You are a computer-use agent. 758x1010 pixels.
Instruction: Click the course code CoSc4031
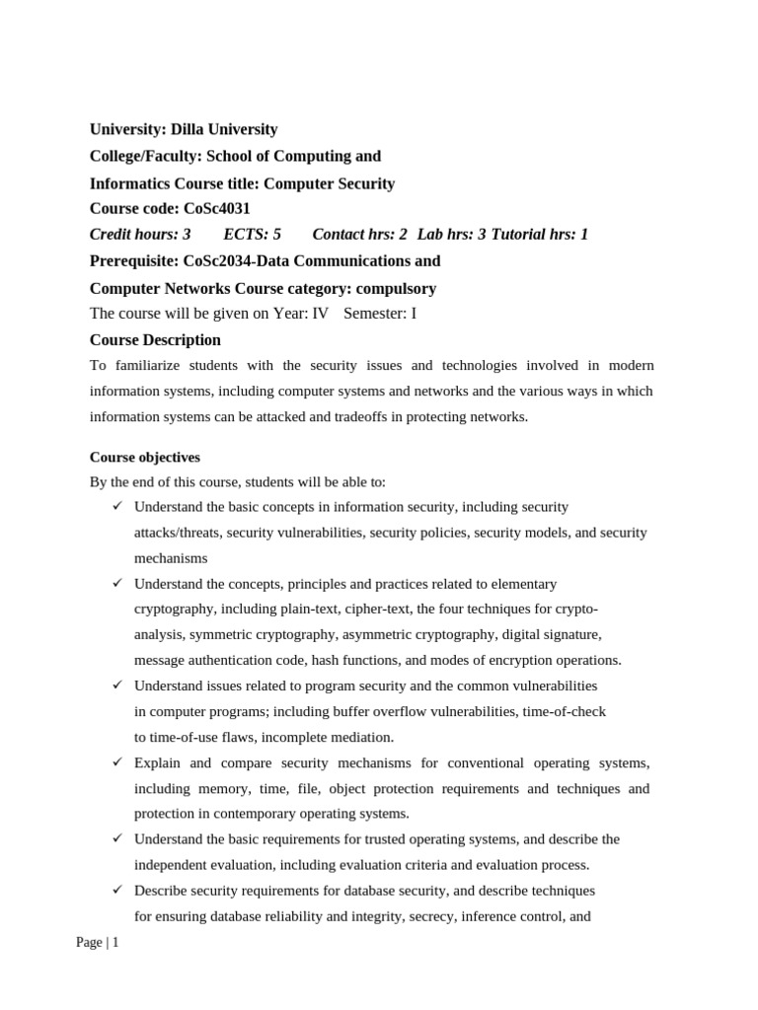click(217, 208)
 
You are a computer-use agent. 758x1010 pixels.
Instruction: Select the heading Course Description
click(155, 340)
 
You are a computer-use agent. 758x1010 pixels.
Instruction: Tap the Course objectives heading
click(145, 458)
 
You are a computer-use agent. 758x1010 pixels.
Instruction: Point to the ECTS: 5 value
click(253, 235)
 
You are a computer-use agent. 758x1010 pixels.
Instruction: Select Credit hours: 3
click(140, 235)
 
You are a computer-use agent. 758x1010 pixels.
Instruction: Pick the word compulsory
click(396, 289)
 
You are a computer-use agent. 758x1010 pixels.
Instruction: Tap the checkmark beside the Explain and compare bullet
click(116, 762)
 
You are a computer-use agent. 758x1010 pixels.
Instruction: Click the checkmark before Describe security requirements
click(116, 890)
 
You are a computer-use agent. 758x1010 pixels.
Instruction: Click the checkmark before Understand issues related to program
click(116, 685)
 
